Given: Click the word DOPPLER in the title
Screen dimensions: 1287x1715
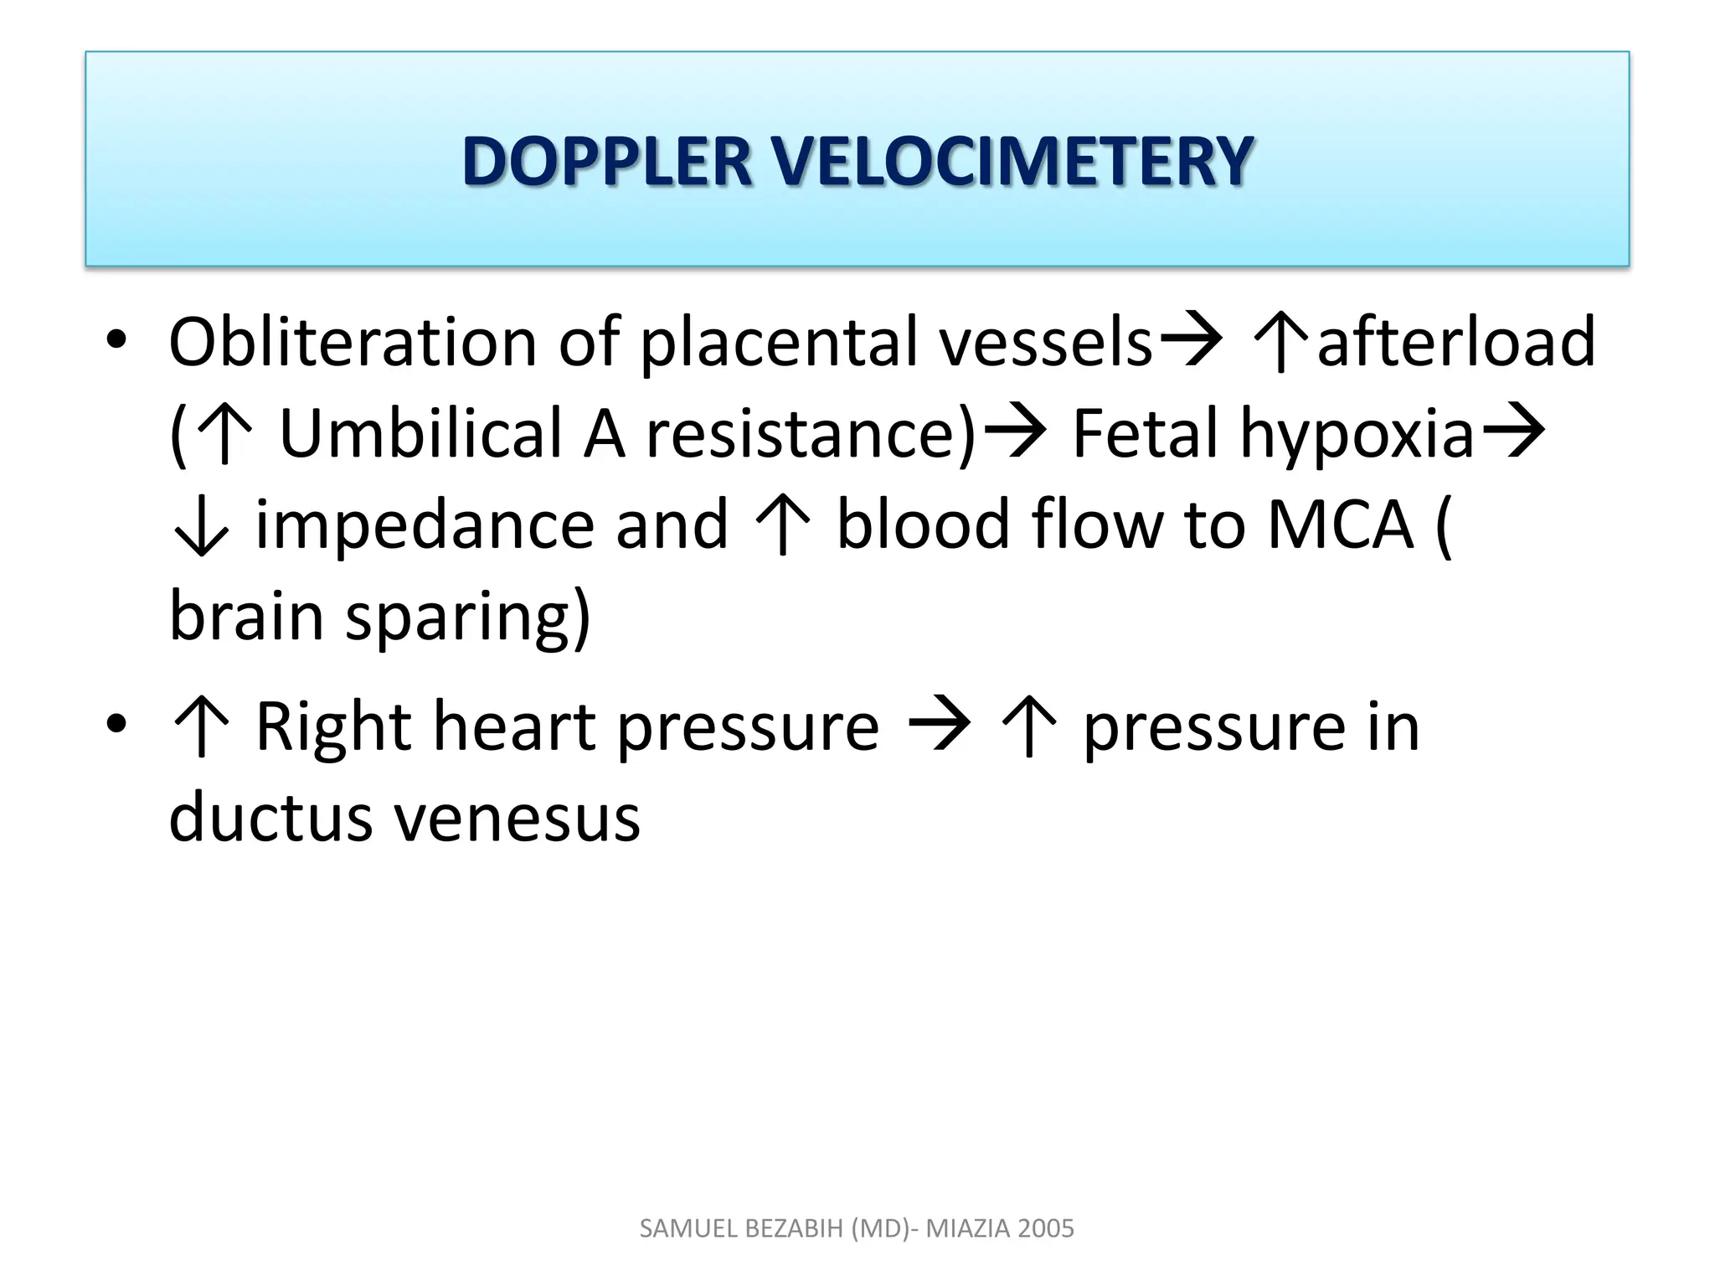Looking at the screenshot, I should click(606, 161).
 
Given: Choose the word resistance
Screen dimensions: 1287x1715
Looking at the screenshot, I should click(811, 434).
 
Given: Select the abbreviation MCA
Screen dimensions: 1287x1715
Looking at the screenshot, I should click(1341, 525).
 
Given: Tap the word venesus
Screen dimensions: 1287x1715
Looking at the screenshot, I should click(518, 818).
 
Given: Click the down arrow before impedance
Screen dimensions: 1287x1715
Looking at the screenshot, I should click(200, 526).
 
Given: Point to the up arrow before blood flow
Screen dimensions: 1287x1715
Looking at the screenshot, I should click(782, 525).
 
